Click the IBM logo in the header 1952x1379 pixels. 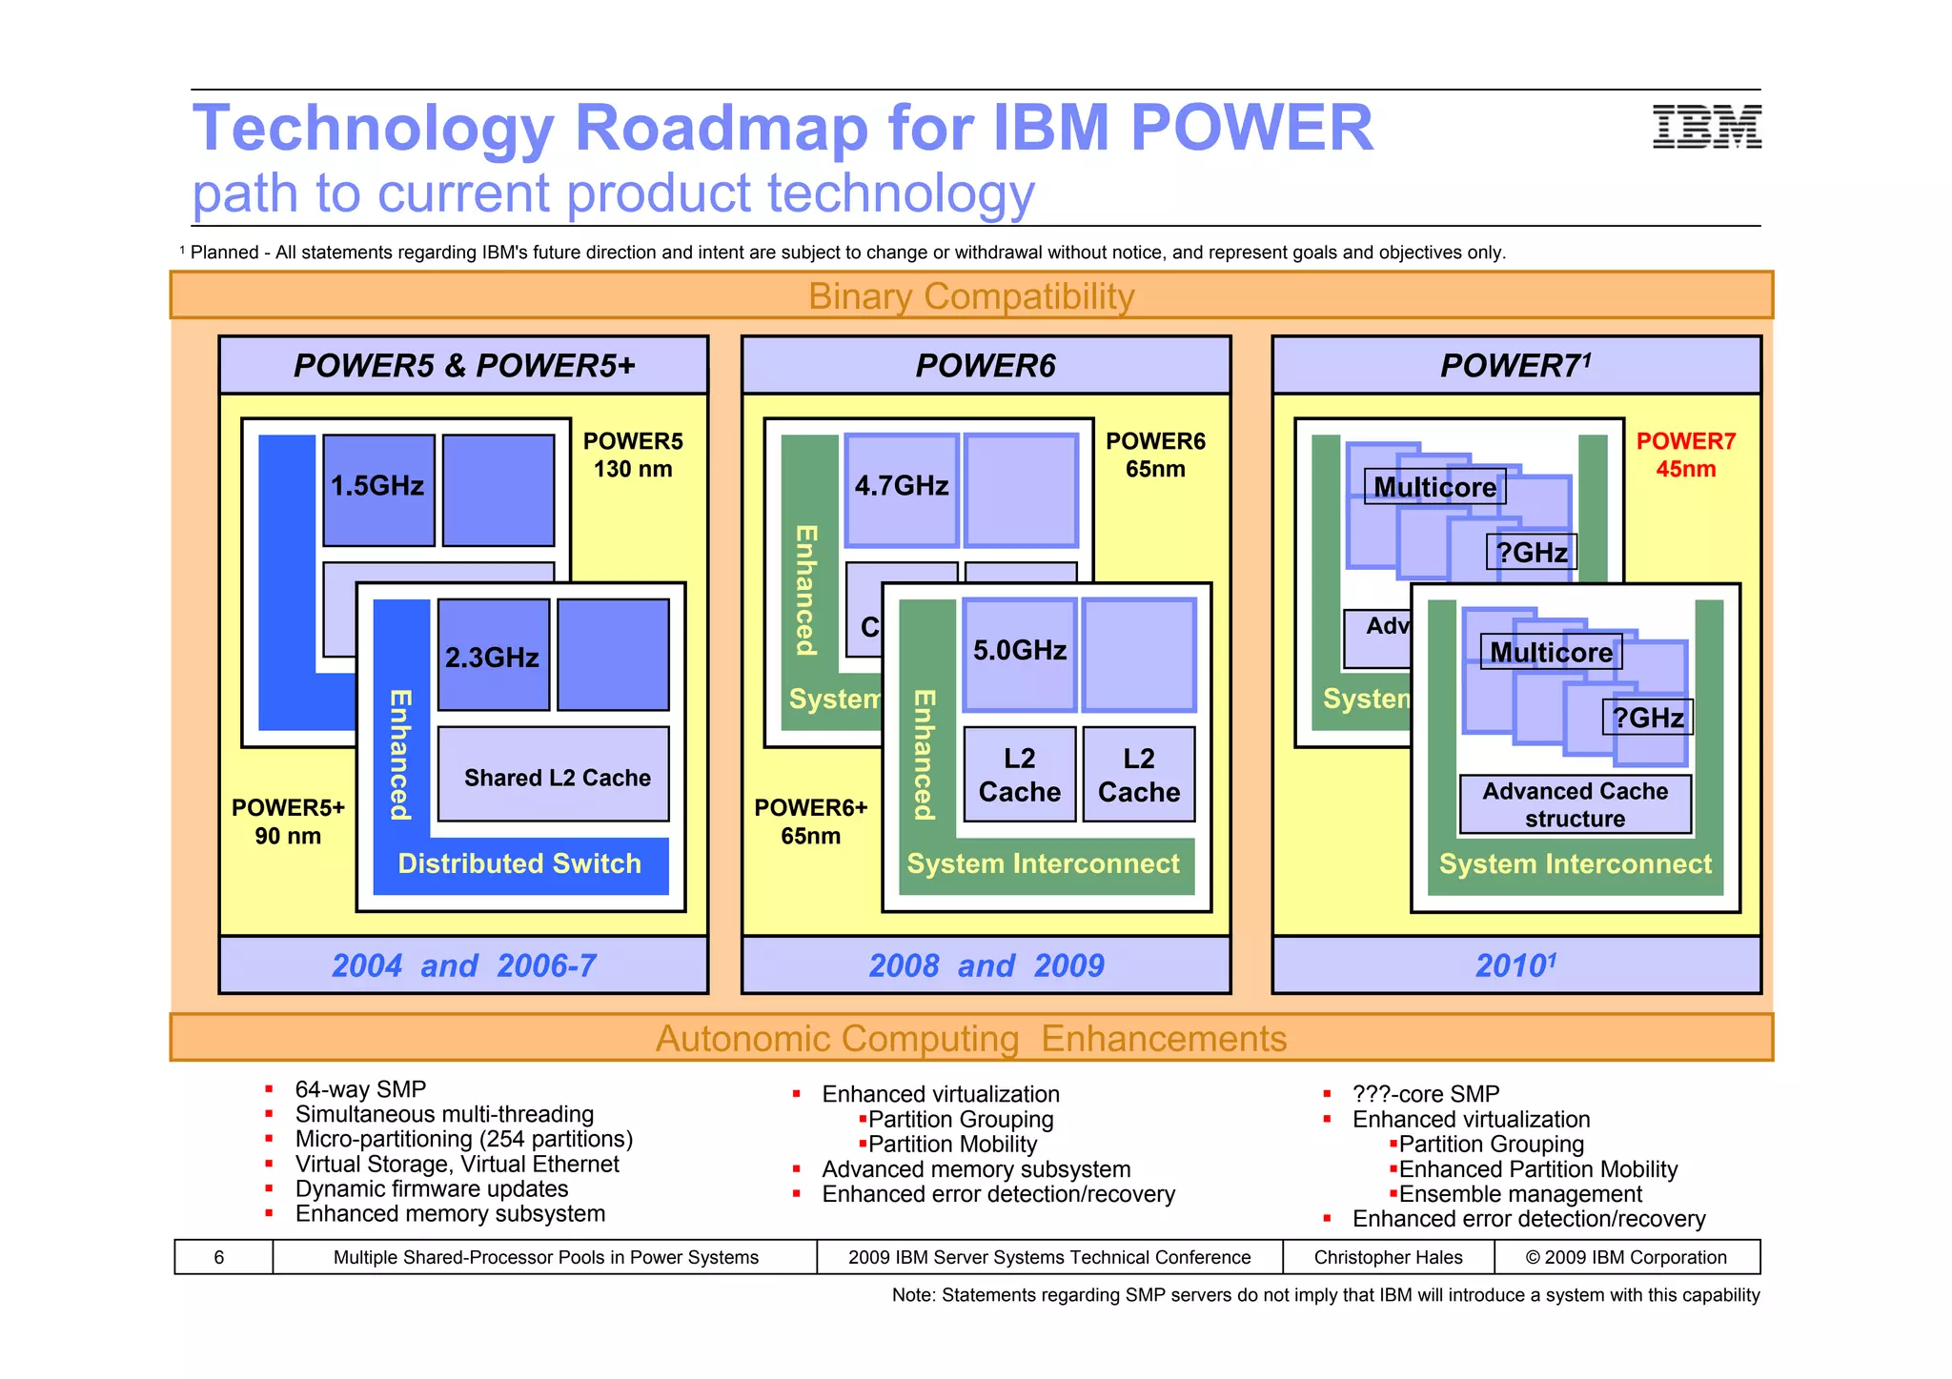(1706, 127)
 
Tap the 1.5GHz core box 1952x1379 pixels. (378, 489)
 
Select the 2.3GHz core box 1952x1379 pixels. (493, 656)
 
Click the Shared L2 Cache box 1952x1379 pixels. (557, 777)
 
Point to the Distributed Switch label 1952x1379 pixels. (519, 863)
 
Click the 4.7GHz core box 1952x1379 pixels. (901, 489)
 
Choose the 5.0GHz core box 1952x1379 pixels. (1019, 653)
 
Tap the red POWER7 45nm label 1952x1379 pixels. (1685, 455)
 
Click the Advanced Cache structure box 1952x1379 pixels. (1575, 804)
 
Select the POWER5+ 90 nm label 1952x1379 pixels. (288, 821)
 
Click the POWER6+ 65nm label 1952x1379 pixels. (811, 821)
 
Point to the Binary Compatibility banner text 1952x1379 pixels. (971, 296)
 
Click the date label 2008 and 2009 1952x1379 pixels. (986, 965)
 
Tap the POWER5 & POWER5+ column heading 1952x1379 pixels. (464, 366)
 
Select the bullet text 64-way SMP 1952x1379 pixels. (360, 1089)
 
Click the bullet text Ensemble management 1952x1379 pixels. (1520, 1194)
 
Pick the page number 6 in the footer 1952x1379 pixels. (219, 1257)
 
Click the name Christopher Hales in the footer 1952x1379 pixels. (1388, 1257)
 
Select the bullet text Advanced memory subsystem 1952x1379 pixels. (976, 1169)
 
